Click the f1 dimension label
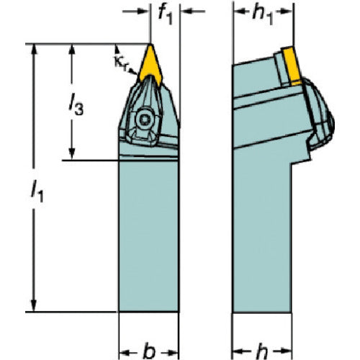(166, 15)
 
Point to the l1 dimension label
(37, 192)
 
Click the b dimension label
(149, 352)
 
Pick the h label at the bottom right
(261, 352)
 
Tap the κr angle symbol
(120, 63)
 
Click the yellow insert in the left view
(150, 64)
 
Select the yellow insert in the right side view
(291, 66)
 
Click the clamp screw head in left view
(144, 119)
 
